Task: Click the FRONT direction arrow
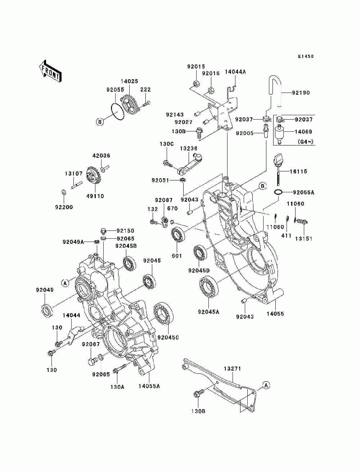pyautogui.click(x=50, y=71)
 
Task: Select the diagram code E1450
pyautogui.click(x=306, y=56)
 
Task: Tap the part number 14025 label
pyautogui.click(x=129, y=81)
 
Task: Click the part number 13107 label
pyautogui.click(x=74, y=174)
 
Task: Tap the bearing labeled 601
pyautogui.click(x=178, y=235)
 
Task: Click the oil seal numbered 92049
pyautogui.click(x=46, y=310)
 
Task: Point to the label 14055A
pyautogui.click(x=149, y=386)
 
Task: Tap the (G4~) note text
pyautogui.click(x=305, y=142)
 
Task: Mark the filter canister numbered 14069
pyautogui.click(x=280, y=134)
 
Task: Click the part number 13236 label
pyautogui.click(x=188, y=148)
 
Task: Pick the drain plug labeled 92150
pyautogui.click(x=103, y=231)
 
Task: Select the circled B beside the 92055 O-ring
pyautogui.click(x=100, y=122)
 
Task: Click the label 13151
pyautogui.click(x=303, y=239)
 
